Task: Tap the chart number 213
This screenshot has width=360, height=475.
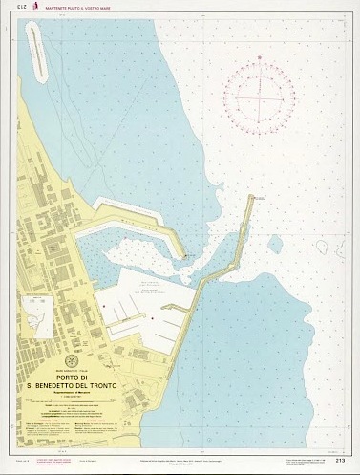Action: pos(340,460)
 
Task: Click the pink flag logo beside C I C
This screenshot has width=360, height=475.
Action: pos(32,7)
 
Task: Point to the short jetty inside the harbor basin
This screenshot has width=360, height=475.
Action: pos(170,308)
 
